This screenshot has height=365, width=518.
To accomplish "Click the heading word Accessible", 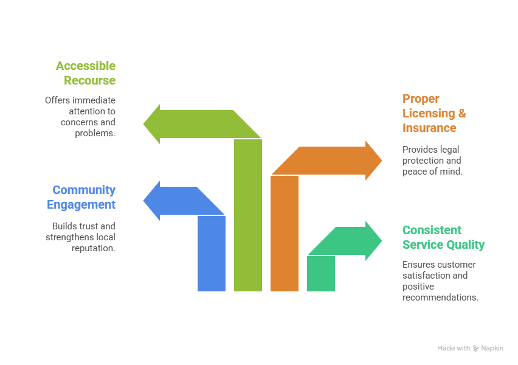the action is (86, 66).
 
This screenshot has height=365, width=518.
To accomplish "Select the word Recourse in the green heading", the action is (89, 80).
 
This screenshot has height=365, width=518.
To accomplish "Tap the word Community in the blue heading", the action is (84, 190).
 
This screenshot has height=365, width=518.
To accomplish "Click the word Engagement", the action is (81, 204).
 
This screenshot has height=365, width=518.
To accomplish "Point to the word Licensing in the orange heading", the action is (429, 113).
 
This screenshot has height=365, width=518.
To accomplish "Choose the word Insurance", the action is (429, 128).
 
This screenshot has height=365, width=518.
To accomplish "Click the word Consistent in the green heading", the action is (432, 230).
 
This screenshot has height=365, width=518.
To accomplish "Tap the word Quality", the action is (465, 245).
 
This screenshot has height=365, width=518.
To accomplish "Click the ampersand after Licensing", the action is (462, 113).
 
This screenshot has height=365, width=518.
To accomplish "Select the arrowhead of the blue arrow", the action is (151, 201).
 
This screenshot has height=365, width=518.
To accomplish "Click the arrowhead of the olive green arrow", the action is (151, 124).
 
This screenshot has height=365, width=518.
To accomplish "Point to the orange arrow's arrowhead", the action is (374, 161).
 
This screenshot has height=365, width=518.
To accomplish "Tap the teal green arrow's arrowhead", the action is (374, 241).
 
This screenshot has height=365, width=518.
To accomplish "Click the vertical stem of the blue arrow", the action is (212, 254).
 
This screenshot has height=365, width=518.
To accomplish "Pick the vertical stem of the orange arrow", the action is (285, 234).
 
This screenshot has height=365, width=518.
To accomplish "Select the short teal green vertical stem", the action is (321, 274).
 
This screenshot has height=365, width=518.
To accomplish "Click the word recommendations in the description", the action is (440, 297).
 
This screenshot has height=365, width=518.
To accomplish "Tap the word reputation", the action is (94, 248).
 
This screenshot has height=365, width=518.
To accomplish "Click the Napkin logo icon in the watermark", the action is (475, 349).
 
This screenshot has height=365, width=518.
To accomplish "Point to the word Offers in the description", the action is (57, 100).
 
